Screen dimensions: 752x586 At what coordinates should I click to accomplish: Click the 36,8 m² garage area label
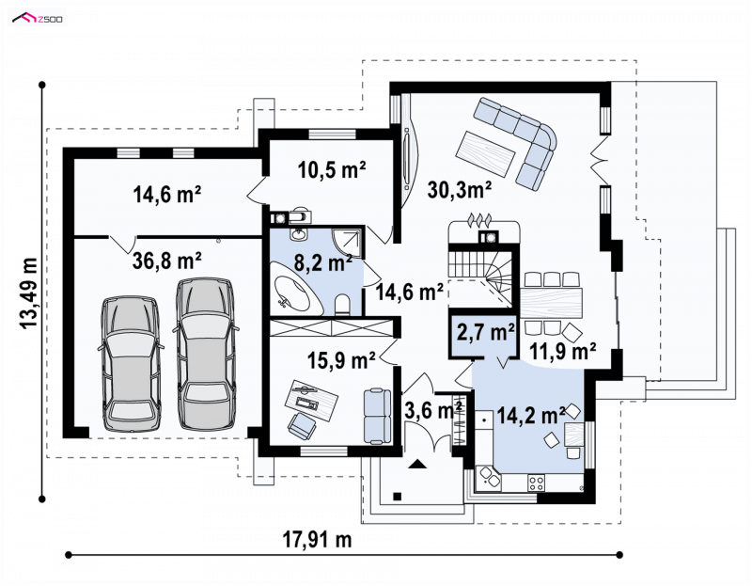click(x=166, y=261)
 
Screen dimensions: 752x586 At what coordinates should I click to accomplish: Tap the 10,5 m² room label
click(x=332, y=169)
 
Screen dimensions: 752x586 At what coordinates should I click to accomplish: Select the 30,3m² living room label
click(x=460, y=190)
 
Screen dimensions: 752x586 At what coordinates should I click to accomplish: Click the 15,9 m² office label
click(x=341, y=360)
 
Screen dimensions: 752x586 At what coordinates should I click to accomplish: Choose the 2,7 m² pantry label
click(x=485, y=332)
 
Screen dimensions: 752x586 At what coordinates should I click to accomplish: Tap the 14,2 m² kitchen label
click(x=531, y=415)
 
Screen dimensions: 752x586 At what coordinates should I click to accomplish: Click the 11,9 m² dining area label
click(x=563, y=351)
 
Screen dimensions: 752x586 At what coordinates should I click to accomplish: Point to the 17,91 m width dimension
click(x=318, y=540)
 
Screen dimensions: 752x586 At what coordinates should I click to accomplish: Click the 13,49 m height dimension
click(x=30, y=293)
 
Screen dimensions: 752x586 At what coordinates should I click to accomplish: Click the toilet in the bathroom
click(x=342, y=306)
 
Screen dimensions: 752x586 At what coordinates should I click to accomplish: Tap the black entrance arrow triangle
click(x=416, y=464)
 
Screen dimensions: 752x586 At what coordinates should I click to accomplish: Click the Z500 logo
click(x=38, y=19)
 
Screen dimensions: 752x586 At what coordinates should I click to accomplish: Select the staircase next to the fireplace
click(x=483, y=276)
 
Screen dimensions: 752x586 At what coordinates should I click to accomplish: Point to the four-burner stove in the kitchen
click(x=536, y=483)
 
